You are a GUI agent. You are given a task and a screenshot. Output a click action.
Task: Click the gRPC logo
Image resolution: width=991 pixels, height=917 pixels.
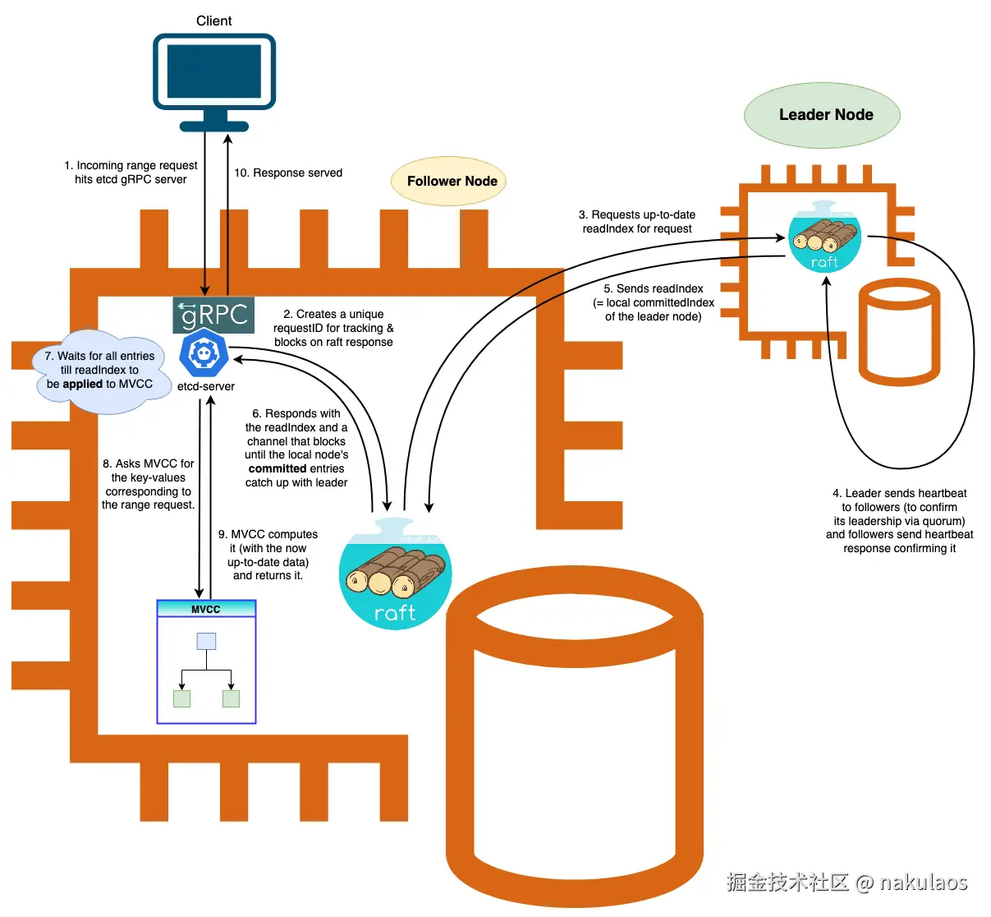(x=213, y=315)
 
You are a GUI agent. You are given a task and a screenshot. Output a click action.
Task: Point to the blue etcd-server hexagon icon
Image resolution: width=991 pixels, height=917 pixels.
(x=203, y=353)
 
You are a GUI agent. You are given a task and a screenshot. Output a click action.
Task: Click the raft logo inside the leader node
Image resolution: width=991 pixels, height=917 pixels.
(x=824, y=238)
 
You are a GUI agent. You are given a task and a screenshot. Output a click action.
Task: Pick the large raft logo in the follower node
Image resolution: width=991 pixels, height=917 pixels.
(x=395, y=575)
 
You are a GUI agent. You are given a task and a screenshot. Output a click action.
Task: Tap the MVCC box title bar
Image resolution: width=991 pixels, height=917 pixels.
(x=206, y=609)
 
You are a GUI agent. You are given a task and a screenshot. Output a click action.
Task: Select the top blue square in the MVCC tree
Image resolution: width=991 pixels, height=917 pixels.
(x=206, y=641)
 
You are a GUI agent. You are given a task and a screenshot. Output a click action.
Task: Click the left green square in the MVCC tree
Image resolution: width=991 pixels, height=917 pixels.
(x=182, y=698)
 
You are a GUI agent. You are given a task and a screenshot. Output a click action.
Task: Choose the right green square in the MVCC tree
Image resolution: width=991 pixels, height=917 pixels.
(x=232, y=698)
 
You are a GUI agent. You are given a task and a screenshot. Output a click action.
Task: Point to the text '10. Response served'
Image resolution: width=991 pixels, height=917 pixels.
(x=288, y=173)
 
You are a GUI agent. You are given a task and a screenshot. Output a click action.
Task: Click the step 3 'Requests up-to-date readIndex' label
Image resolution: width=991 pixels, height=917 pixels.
(x=637, y=222)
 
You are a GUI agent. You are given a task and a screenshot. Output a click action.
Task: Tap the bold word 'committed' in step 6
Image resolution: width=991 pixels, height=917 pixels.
(x=278, y=468)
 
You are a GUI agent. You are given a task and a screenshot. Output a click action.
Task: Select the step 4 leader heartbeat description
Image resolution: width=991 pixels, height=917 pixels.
(x=899, y=521)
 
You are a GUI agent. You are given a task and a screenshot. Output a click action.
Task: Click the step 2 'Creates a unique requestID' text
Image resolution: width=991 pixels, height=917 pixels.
(x=333, y=328)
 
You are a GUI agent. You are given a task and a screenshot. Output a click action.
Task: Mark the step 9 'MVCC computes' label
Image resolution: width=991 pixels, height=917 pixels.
(x=268, y=555)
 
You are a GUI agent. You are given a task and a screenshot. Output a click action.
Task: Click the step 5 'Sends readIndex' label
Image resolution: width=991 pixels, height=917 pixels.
(x=654, y=302)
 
